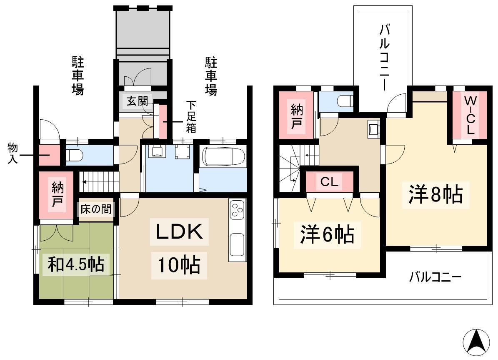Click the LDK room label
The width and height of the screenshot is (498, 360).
coord(180,232)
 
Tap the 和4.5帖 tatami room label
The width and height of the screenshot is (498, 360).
coord(76,264)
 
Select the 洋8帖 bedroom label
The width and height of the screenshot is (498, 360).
coord(435,195)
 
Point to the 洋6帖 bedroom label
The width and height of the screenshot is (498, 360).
coord(327,235)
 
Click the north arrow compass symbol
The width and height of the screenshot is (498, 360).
coord(476,342)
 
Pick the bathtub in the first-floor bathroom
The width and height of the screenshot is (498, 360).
coord(224,157)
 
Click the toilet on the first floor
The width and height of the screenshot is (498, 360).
coord(75,156)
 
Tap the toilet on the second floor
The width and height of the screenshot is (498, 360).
coord(345,101)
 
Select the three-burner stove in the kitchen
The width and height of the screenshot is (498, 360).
coord(237,209)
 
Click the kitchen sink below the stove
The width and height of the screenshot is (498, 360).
coord(237,244)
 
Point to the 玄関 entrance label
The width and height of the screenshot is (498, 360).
coord(137,101)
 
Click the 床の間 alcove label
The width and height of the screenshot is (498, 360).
coord(95,209)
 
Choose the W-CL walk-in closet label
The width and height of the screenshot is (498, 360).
coord(470,115)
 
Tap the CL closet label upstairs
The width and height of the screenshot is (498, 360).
coord(329,182)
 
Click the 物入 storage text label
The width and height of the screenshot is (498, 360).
coord(13,154)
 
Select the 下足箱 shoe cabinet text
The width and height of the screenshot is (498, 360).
coord(191,117)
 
